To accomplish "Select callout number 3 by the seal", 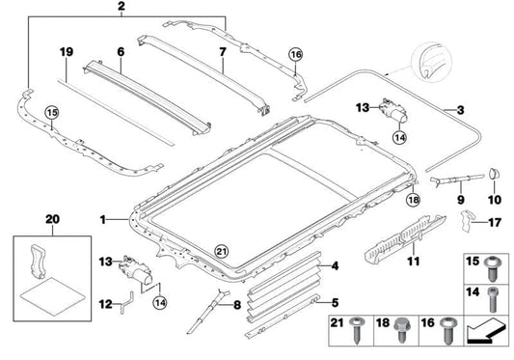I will (x=460, y=112).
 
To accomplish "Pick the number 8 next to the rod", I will (x=237, y=308).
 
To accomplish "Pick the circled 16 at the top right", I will (x=295, y=56).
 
